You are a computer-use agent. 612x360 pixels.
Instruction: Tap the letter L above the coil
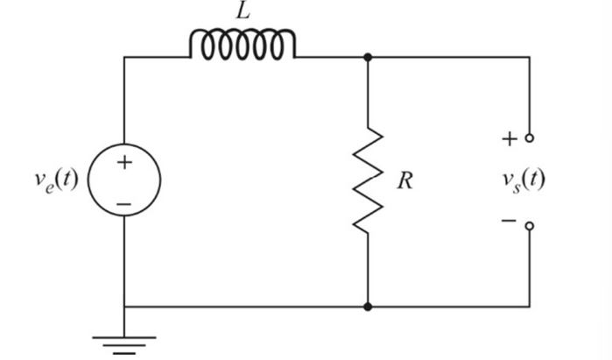point(243,12)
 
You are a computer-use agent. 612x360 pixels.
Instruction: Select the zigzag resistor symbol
point(368,180)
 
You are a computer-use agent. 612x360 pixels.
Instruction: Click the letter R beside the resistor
point(404,182)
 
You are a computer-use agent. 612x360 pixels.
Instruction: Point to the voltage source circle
point(124,181)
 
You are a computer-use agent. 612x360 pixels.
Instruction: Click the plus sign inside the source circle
point(124,163)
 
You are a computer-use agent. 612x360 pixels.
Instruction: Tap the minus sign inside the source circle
point(124,202)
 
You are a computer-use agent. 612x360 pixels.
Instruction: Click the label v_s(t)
point(522,180)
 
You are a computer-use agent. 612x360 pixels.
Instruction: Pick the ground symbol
point(124,342)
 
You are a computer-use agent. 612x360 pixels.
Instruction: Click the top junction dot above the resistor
point(368,58)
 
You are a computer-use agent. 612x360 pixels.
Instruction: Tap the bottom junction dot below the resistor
point(368,307)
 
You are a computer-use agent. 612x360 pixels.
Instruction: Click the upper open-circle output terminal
point(529,138)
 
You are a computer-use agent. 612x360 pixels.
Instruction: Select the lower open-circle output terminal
point(529,226)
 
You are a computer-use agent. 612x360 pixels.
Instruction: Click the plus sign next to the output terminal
point(509,138)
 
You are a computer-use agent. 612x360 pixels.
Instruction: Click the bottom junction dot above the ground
point(124,307)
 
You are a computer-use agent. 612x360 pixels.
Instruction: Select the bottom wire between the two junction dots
point(245,307)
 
